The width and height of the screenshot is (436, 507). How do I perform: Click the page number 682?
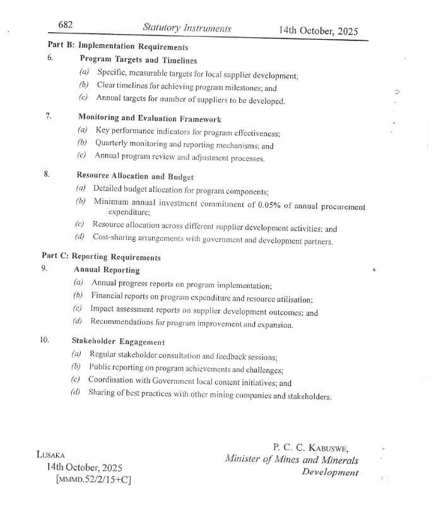click(x=66, y=25)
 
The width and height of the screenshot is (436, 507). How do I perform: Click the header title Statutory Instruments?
click(x=187, y=28)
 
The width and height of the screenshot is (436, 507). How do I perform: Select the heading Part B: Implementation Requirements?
click(x=118, y=47)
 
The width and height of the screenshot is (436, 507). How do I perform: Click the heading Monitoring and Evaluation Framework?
click(x=150, y=118)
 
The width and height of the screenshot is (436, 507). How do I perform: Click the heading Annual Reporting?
click(x=107, y=270)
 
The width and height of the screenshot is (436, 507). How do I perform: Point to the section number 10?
click(x=44, y=340)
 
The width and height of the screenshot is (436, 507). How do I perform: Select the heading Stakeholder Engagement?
click(x=118, y=342)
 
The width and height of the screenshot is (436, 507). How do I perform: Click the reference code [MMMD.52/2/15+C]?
click(x=94, y=480)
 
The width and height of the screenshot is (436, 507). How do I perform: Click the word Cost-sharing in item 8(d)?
click(x=114, y=241)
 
